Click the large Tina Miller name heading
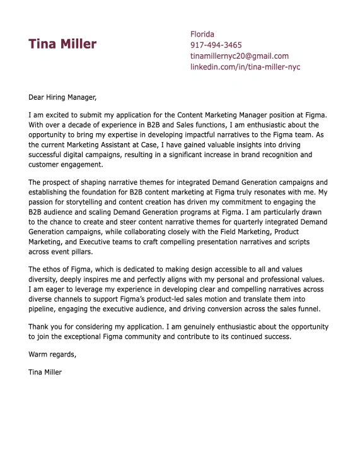[x=62, y=44]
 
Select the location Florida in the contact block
[x=202, y=34]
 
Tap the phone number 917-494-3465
[x=216, y=45]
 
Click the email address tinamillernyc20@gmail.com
[x=239, y=56]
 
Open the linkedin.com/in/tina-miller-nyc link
[x=245, y=66]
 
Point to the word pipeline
[x=43, y=309]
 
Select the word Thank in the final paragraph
[x=39, y=327]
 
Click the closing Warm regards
[x=52, y=354]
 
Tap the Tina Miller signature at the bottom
[x=45, y=372]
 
